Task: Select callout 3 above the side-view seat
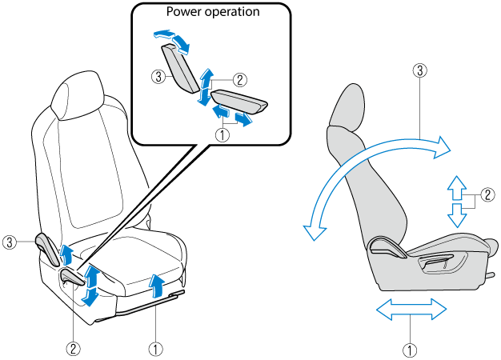point(418,70)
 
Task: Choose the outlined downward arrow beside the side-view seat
point(455,214)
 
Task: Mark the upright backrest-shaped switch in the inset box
point(180,69)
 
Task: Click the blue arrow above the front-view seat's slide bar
point(157,283)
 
